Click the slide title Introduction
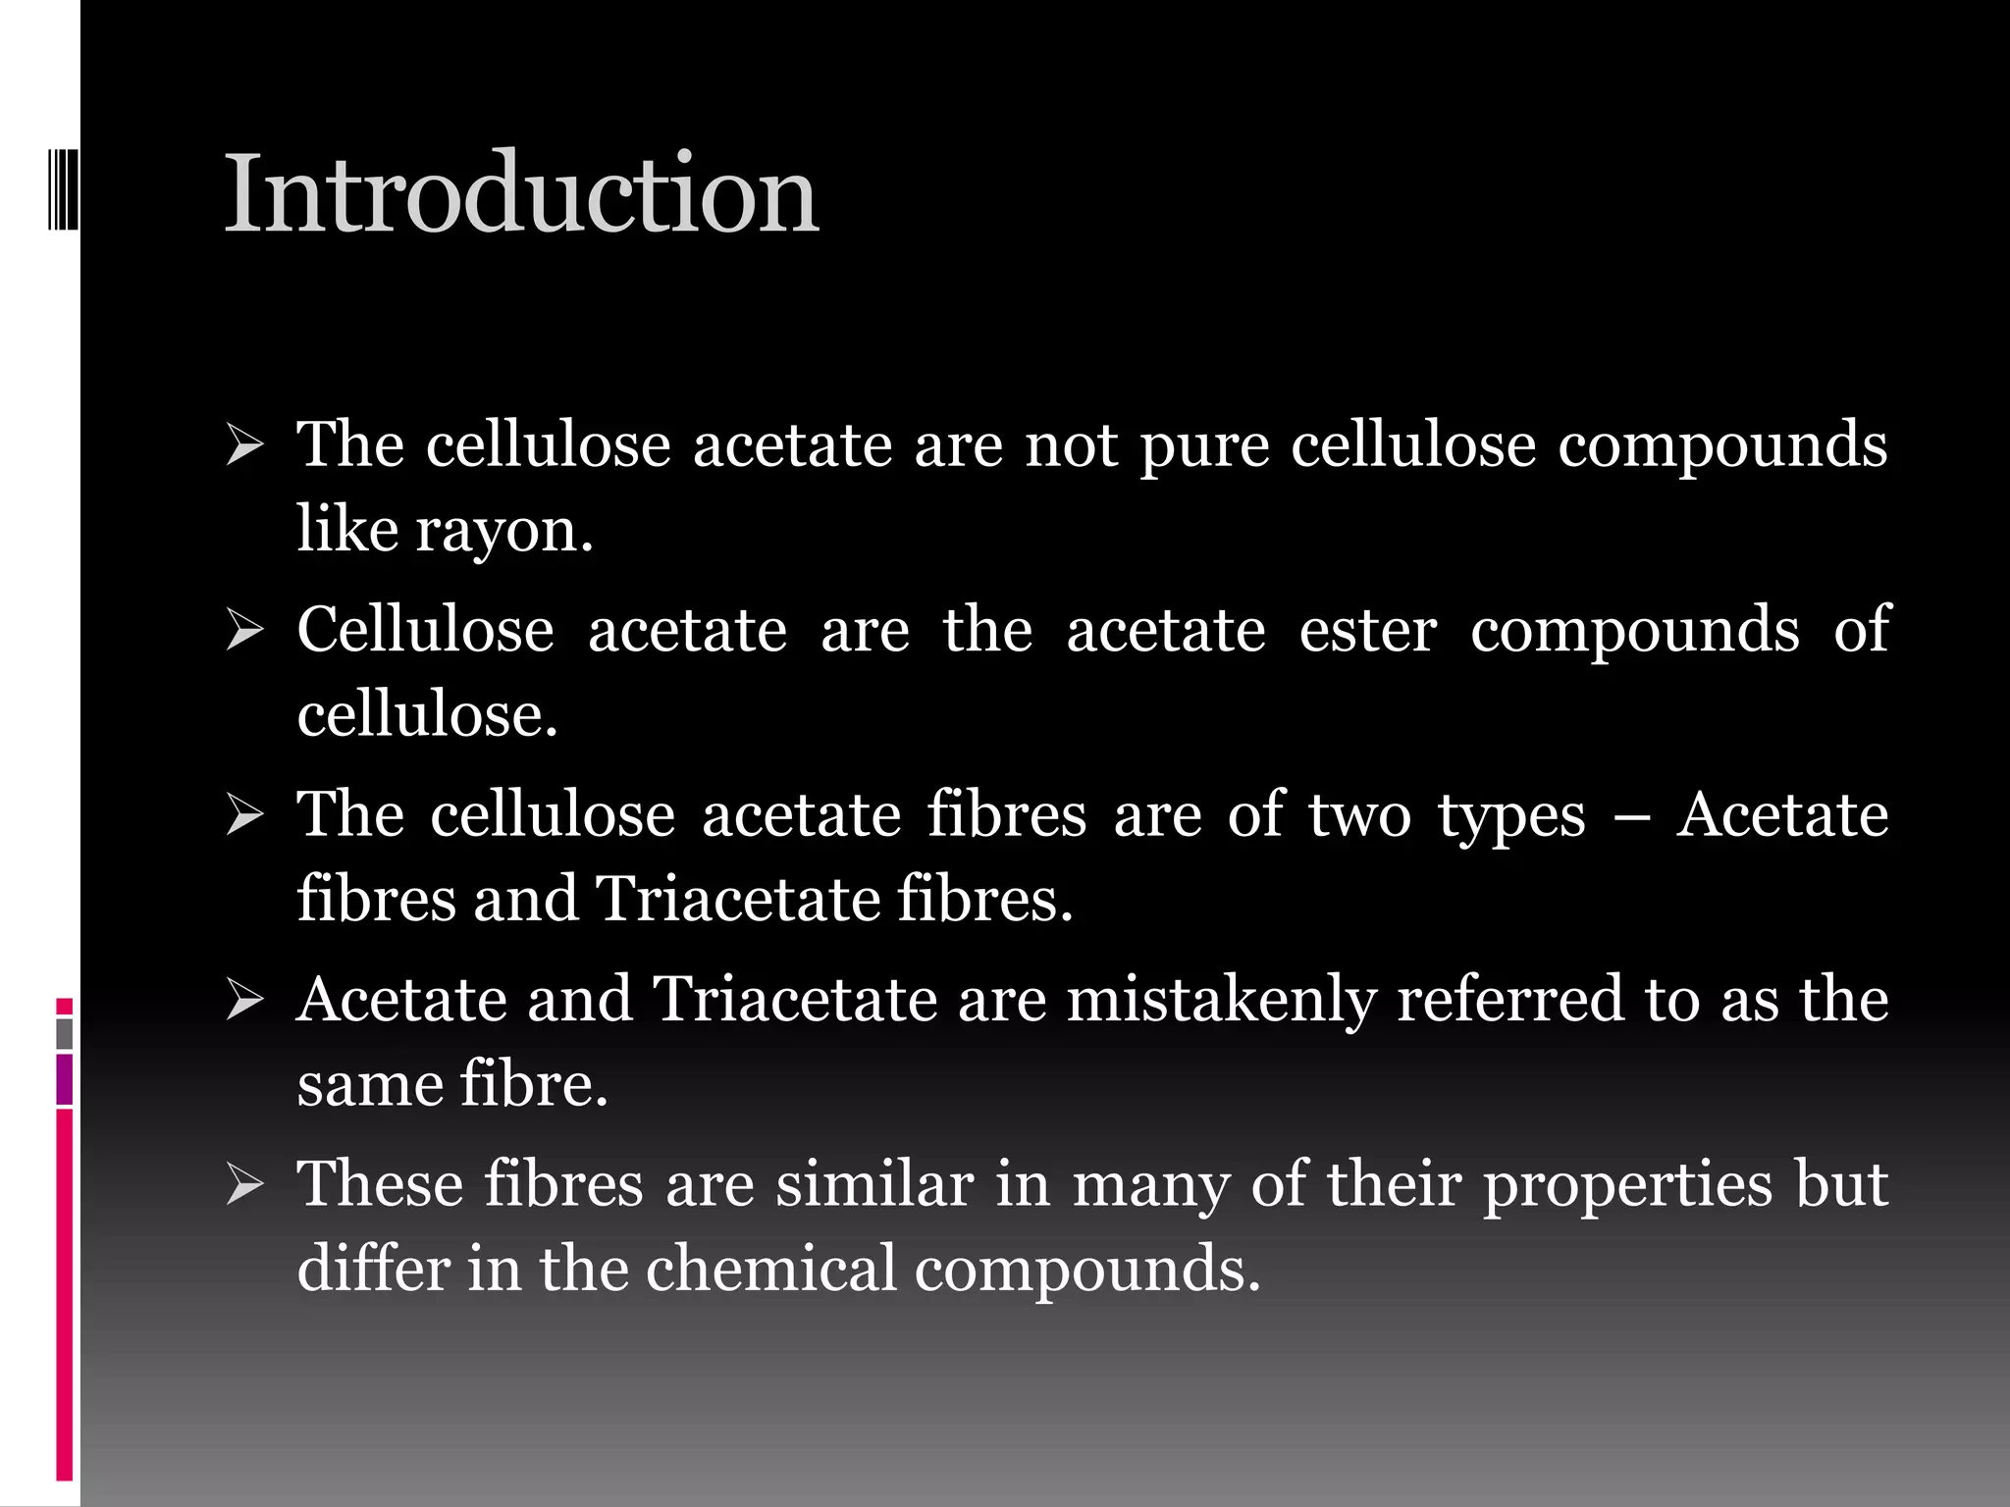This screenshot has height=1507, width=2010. point(521,193)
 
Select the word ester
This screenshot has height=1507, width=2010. point(1368,630)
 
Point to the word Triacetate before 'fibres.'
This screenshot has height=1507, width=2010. point(738,899)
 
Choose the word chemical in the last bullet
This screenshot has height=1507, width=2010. point(771,1269)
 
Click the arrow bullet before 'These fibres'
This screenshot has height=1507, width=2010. point(244,1185)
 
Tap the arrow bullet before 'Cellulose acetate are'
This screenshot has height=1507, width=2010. point(244,631)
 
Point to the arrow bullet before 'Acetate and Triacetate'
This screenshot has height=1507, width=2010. point(244,1001)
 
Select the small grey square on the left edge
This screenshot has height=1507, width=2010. point(65,1033)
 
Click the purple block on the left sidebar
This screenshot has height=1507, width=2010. point(65,1079)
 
